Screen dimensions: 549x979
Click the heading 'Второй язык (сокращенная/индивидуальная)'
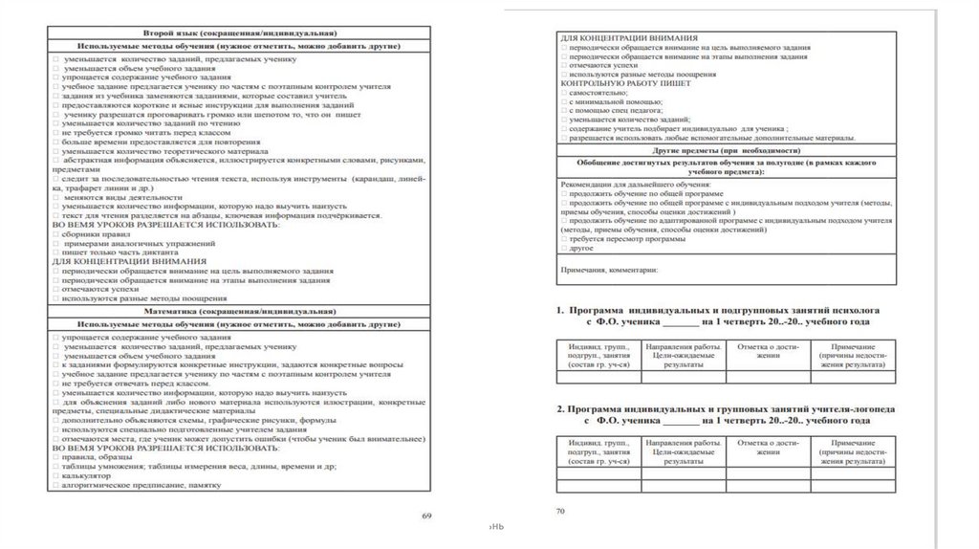click(x=240, y=33)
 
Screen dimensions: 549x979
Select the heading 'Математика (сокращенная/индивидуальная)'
click(x=240, y=312)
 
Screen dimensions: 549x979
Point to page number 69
click(x=427, y=516)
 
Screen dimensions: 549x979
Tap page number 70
click(x=560, y=512)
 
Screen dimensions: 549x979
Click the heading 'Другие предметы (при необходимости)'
click(x=727, y=151)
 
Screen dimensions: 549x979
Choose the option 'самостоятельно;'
click(x=598, y=93)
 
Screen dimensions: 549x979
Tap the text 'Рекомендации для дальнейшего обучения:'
click(x=635, y=183)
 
